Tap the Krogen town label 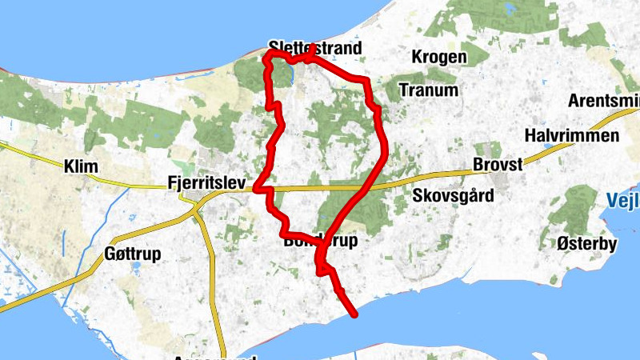[438, 57]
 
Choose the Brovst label [497, 164]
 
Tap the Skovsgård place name [454, 195]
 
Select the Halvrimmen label [573, 135]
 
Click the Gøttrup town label [133, 254]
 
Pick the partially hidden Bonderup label [319, 240]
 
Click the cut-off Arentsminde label [603, 102]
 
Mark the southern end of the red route [353, 314]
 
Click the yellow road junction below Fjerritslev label [198, 210]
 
